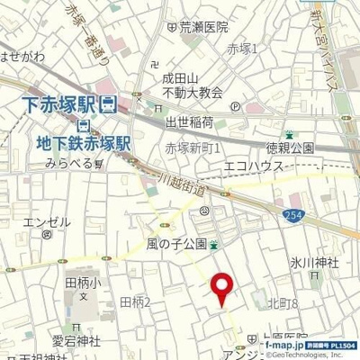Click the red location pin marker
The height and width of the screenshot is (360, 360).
(x=221, y=288)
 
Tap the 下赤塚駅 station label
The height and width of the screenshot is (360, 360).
(x=57, y=102)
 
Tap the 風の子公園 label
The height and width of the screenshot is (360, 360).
(x=176, y=244)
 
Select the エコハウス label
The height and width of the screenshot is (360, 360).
(x=253, y=167)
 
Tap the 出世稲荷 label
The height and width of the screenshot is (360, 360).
(x=188, y=122)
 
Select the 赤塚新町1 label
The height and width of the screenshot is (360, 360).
(x=193, y=147)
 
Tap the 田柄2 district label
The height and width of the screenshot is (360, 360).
(x=135, y=301)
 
